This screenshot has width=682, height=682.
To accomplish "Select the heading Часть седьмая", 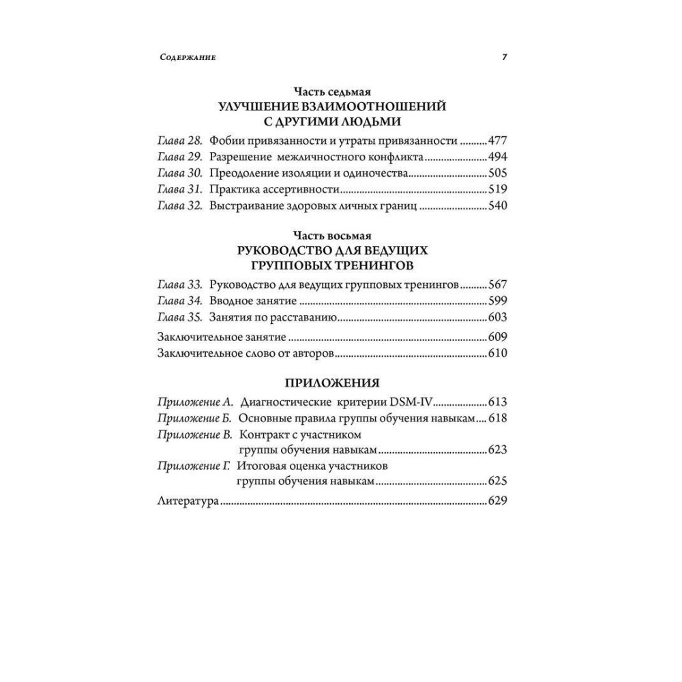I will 331,92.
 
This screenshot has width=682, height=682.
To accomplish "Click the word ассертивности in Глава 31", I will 303,190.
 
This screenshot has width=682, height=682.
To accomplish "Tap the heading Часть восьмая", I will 331,236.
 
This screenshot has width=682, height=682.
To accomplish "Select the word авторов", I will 310,353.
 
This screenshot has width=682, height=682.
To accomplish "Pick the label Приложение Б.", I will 196,418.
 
